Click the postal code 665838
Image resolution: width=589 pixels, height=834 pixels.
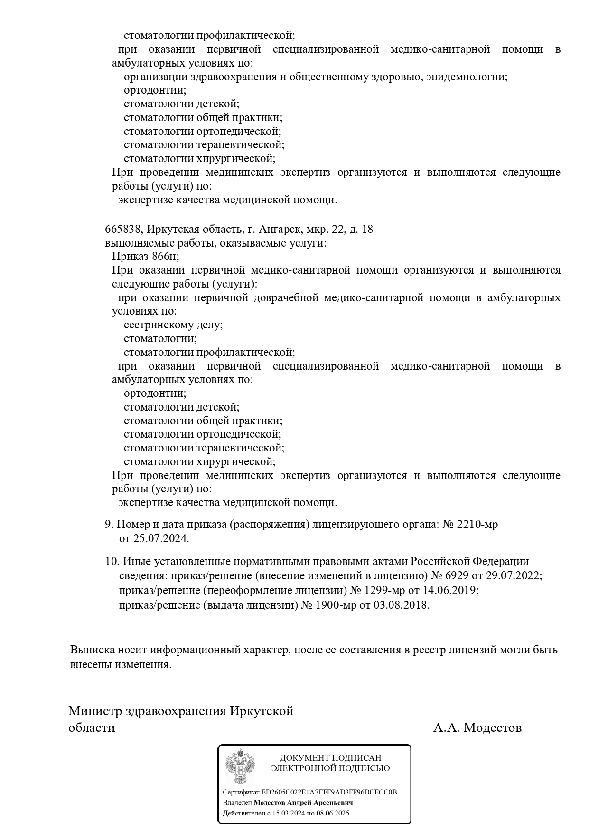pos(123,230)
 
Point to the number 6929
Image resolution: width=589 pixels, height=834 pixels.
pos(455,575)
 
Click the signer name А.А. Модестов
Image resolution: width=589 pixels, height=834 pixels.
pos(477,728)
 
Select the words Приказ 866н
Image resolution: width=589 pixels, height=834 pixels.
pos(146,257)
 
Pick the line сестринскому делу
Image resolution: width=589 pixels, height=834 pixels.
pos(173,325)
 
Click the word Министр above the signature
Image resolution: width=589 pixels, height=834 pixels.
pos(95,711)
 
